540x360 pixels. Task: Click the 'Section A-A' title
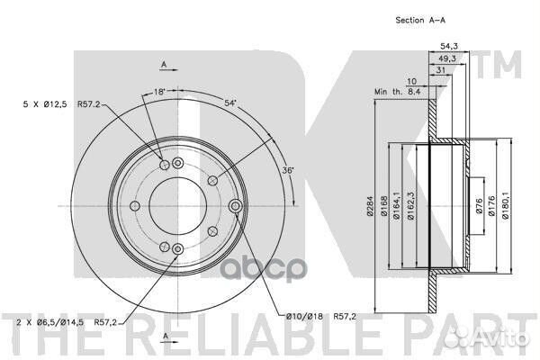(x=420, y=21)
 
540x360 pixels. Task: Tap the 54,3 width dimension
(x=449, y=47)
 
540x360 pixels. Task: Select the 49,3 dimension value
(x=447, y=58)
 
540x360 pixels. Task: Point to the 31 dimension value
(x=441, y=70)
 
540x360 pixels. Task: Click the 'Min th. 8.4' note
(x=398, y=92)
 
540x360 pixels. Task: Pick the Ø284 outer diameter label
(x=370, y=206)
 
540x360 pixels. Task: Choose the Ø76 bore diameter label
(x=480, y=206)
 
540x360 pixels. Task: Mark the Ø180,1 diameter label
(x=505, y=206)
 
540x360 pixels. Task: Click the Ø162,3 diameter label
(x=410, y=206)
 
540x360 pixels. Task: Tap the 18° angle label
(x=159, y=92)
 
